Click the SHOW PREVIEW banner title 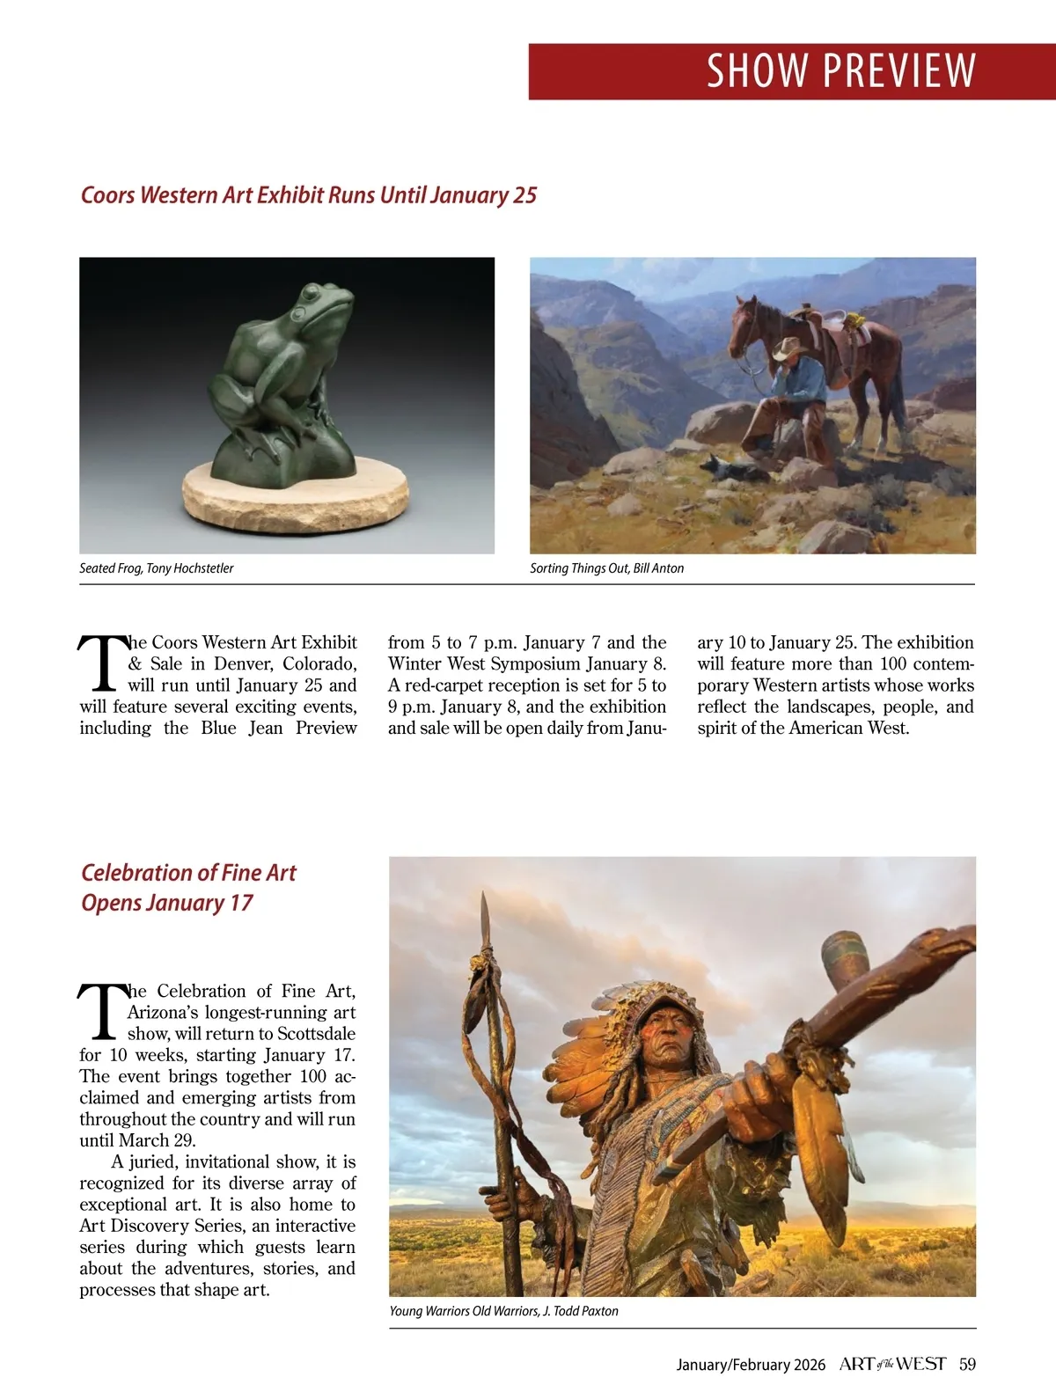(x=840, y=71)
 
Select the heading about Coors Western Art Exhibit (x=308, y=194)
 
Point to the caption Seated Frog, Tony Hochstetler (x=157, y=568)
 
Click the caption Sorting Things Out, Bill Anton (x=606, y=568)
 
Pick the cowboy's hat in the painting (x=788, y=348)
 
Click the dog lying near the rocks (x=723, y=466)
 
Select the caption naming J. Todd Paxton (x=503, y=1311)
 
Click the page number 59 (x=967, y=1365)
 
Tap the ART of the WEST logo (x=892, y=1365)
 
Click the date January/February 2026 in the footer (x=751, y=1365)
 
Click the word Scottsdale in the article (x=317, y=1034)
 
